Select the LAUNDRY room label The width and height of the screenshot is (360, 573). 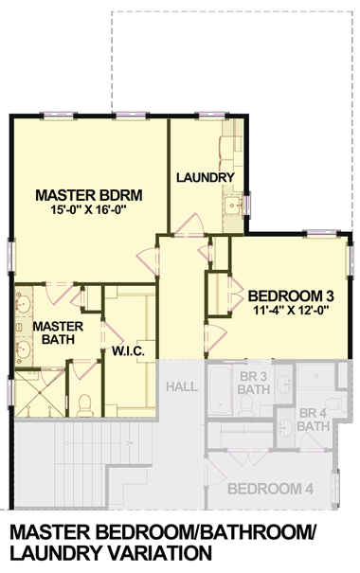coord(205,178)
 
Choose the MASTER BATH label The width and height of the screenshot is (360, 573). coord(52,333)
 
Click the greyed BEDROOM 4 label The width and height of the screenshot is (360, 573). coord(271,489)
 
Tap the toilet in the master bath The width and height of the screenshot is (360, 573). coord(85,405)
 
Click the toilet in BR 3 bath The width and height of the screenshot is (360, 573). coord(244,406)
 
